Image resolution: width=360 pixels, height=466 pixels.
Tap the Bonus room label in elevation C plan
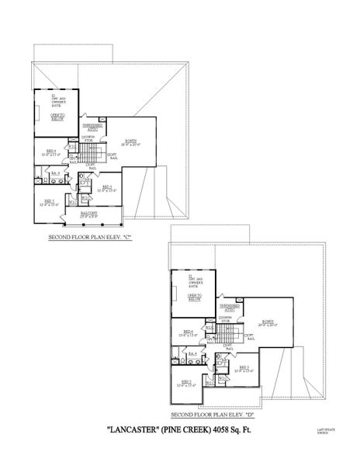(131, 142)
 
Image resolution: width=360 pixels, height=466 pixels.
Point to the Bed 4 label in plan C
(50, 153)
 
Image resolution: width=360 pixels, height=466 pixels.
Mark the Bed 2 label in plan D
(187, 382)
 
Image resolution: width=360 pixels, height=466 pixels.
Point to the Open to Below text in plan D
(194, 297)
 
